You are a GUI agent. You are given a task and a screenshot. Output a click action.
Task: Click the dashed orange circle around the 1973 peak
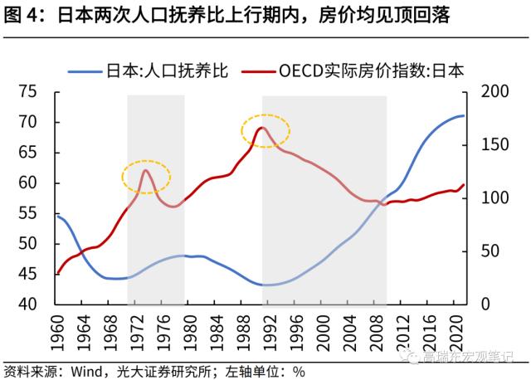coord(146,177)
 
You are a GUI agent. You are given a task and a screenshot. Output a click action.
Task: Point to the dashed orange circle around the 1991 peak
coord(265,131)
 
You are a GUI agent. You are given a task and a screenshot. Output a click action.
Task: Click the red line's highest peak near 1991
coord(262,128)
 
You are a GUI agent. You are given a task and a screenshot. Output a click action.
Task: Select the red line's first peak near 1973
coord(146,170)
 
